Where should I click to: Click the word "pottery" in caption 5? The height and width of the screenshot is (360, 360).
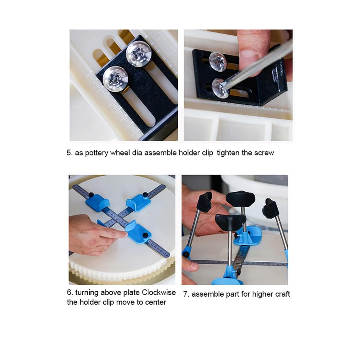pyautogui.click(x=96, y=153)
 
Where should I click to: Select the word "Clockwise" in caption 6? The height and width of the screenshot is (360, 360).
pyautogui.click(x=159, y=292)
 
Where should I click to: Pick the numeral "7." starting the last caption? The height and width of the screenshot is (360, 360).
pyautogui.click(x=186, y=294)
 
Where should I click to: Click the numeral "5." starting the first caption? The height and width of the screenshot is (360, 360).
pyautogui.click(x=69, y=153)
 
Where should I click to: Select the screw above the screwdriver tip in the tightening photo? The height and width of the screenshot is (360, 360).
pyautogui.click(x=218, y=62)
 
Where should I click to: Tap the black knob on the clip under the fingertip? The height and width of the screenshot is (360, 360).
pyautogui.click(x=145, y=235)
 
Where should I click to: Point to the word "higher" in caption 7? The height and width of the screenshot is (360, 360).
pyautogui.click(x=261, y=294)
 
